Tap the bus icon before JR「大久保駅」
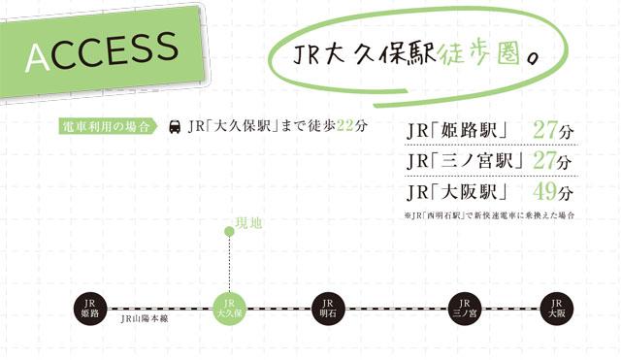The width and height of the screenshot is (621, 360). (175, 127)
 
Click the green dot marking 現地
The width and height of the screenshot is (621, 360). (229, 231)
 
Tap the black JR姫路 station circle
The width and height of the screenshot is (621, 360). (89, 308)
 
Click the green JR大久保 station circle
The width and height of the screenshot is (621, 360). (229, 308)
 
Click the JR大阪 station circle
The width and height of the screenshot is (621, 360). (556, 308)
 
